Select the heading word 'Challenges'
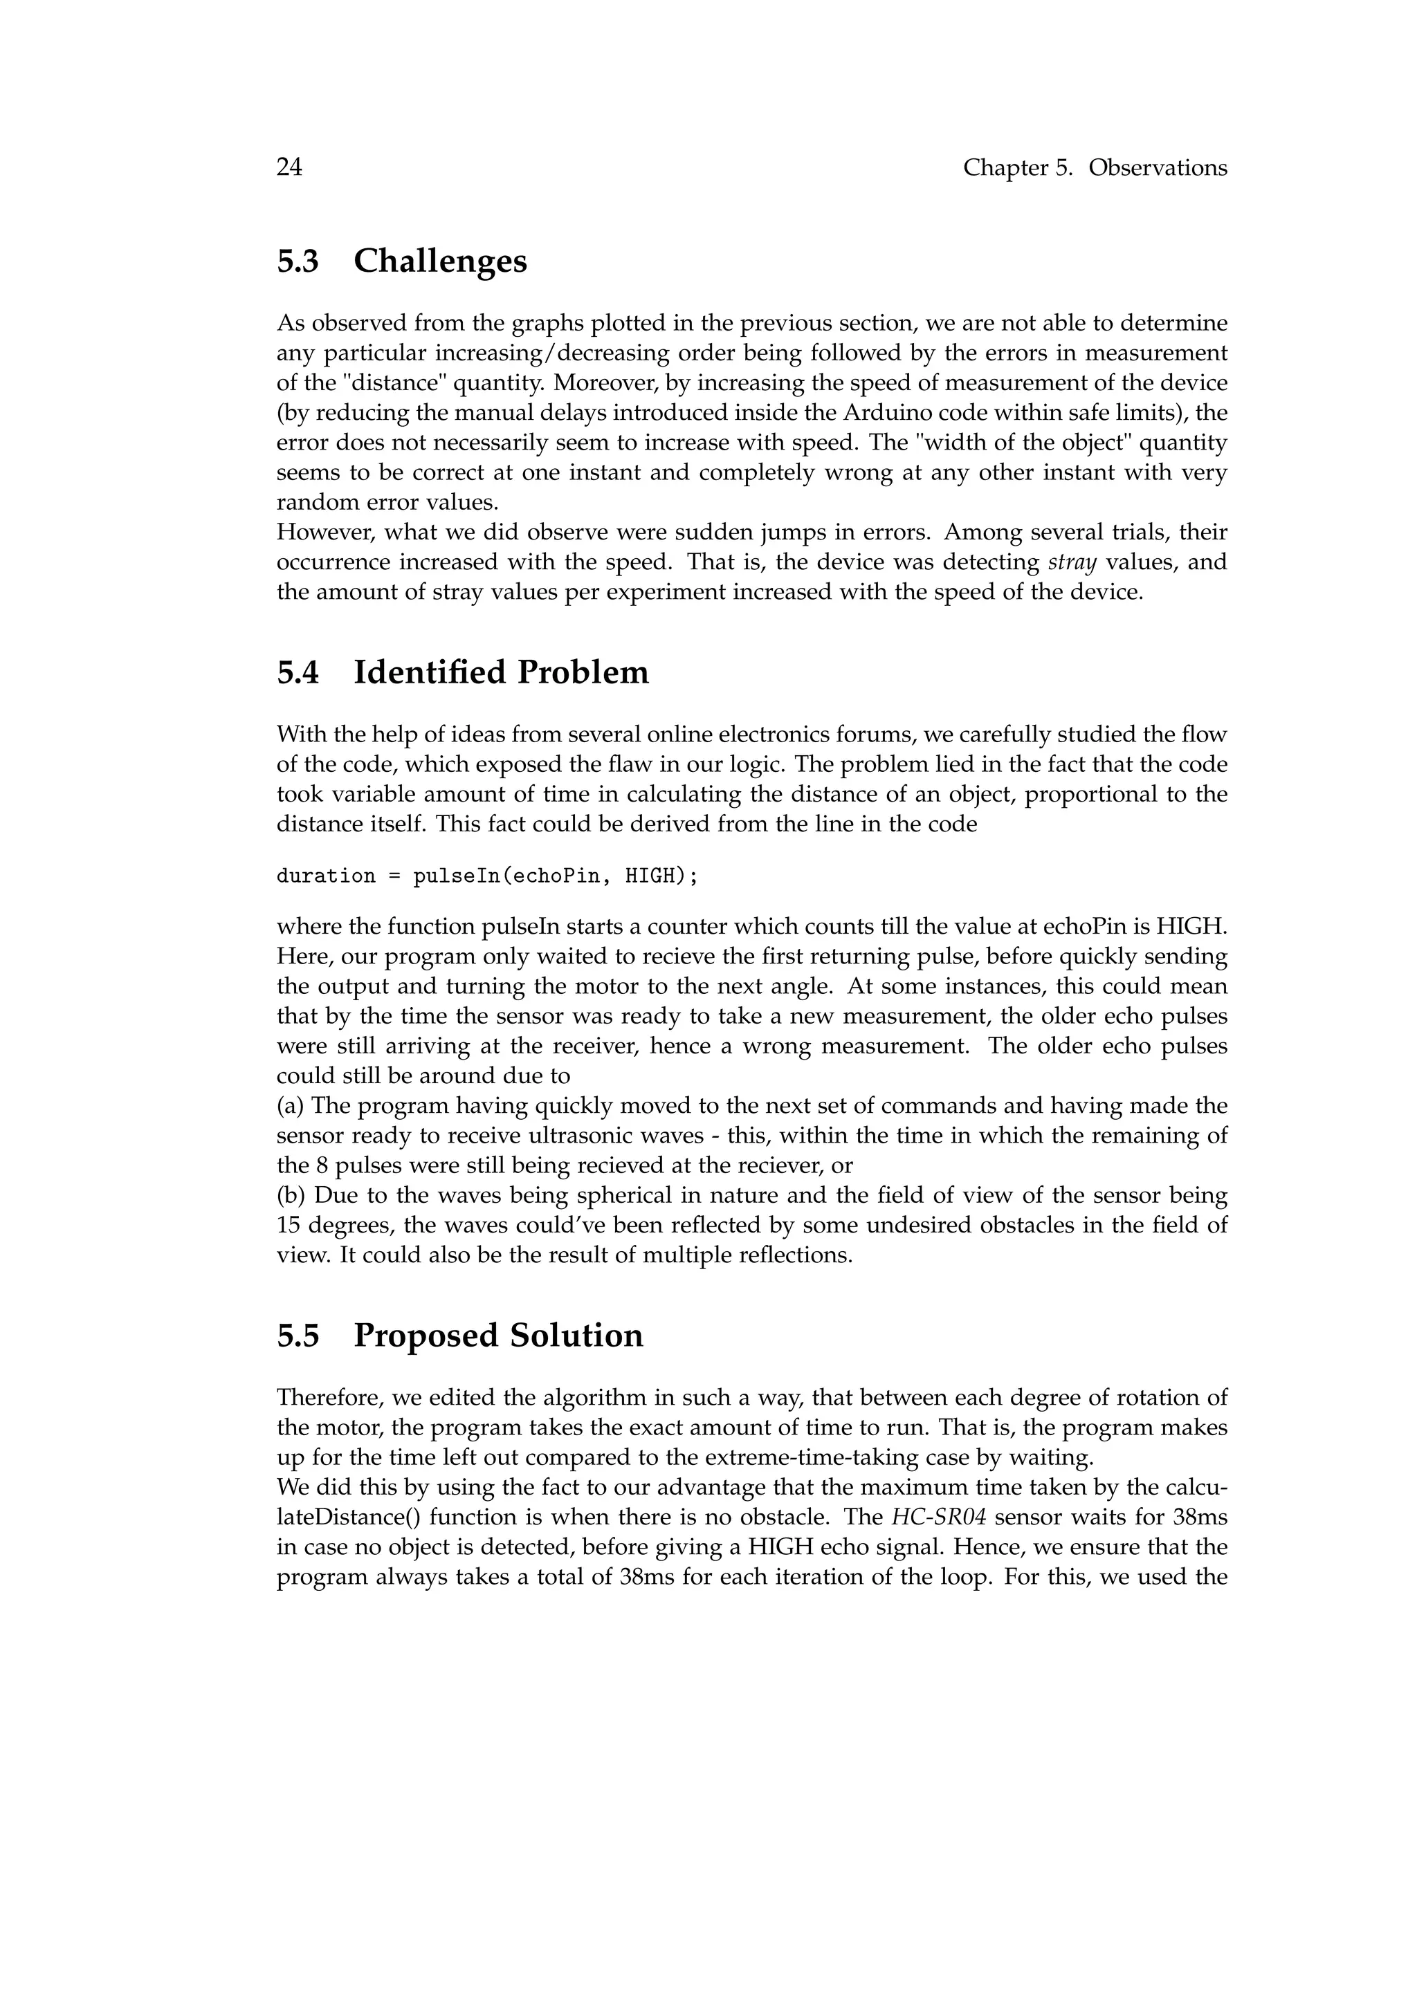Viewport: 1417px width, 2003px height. click(440, 261)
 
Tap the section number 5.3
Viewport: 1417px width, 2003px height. click(298, 261)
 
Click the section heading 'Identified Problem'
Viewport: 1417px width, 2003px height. click(501, 672)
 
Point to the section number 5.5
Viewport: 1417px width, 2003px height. click(298, 1336)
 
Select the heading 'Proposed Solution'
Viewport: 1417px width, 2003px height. click(498, 1336)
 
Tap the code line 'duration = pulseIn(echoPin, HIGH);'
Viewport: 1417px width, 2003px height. click(487, 876)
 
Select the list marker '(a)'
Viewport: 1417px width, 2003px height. click(291, 1106)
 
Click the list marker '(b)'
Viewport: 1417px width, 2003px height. click(291, 1195)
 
